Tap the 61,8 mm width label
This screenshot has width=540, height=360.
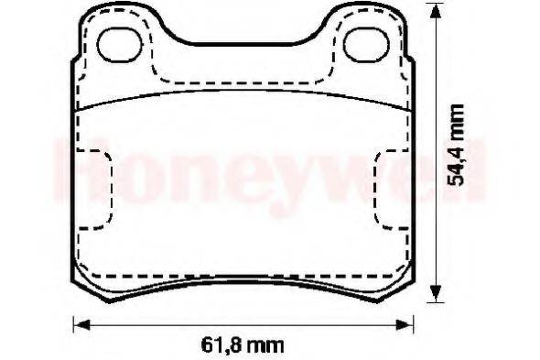[x=243, y=345]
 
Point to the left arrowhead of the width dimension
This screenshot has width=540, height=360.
[x=79, y=322]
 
